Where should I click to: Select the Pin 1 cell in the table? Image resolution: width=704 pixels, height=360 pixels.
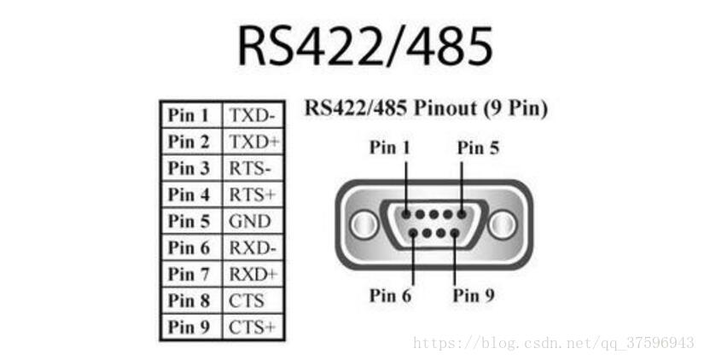(189, 115)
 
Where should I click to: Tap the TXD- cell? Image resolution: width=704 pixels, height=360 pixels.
(252, 115)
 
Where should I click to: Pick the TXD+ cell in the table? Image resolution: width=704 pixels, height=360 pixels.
(252, 142)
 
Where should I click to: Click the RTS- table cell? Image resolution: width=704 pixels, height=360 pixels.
(252, 168)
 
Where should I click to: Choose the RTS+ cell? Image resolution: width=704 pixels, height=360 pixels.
(252, 195)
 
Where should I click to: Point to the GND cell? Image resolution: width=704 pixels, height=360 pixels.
(250, 221)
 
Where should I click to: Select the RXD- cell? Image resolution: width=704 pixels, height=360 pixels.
(252, 247)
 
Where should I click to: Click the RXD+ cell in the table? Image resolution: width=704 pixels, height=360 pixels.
(252, 274)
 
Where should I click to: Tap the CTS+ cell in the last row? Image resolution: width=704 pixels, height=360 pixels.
(252, 327)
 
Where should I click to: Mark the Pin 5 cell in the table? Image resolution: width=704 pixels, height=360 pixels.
(189, 221)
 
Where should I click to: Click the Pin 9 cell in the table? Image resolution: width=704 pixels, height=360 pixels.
(189, 327)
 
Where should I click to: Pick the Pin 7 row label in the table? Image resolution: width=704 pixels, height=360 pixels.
(189, 274)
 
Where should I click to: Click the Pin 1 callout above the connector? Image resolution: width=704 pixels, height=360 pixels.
(390, 148)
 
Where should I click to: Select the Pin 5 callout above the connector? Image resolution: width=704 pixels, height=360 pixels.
(478, 148)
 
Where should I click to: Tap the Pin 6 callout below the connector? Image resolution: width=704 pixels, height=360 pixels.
(390, 295)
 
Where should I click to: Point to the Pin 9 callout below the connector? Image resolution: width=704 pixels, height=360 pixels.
(474, 295)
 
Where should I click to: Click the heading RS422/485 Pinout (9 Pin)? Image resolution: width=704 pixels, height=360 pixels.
(426, 108)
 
